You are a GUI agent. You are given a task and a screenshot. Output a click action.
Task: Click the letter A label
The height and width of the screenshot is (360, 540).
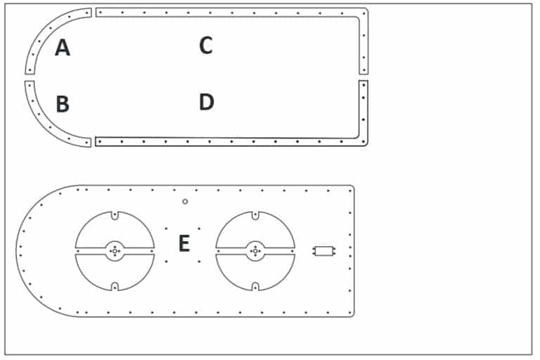[63, 48]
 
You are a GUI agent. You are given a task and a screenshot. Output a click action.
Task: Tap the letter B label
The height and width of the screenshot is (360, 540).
[63, 105]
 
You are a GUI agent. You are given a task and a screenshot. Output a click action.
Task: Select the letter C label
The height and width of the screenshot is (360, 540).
[205, 46]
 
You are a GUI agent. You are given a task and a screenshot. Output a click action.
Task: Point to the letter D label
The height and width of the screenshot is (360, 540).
[206, 103]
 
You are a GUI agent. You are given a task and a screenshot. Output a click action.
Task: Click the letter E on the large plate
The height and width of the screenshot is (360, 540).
[184, 244]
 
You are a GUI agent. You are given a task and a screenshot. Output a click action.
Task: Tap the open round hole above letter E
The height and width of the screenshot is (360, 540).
[185, 202]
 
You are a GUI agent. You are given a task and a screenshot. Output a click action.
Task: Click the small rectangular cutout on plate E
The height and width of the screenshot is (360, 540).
[324, 250]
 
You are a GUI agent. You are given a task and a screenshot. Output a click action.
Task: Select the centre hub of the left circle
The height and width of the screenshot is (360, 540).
[115, 250]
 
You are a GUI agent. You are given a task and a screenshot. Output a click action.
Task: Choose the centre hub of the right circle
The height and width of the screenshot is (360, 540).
[255, 250]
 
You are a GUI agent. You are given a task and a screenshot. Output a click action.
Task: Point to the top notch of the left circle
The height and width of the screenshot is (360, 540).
[115, 214]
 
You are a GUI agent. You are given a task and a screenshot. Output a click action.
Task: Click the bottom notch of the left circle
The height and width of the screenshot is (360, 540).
[115, 286]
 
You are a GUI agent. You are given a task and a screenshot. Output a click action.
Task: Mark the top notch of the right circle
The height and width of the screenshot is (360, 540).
[255, 214]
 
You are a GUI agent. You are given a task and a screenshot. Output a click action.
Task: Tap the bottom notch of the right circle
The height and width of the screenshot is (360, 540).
[255, 286]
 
